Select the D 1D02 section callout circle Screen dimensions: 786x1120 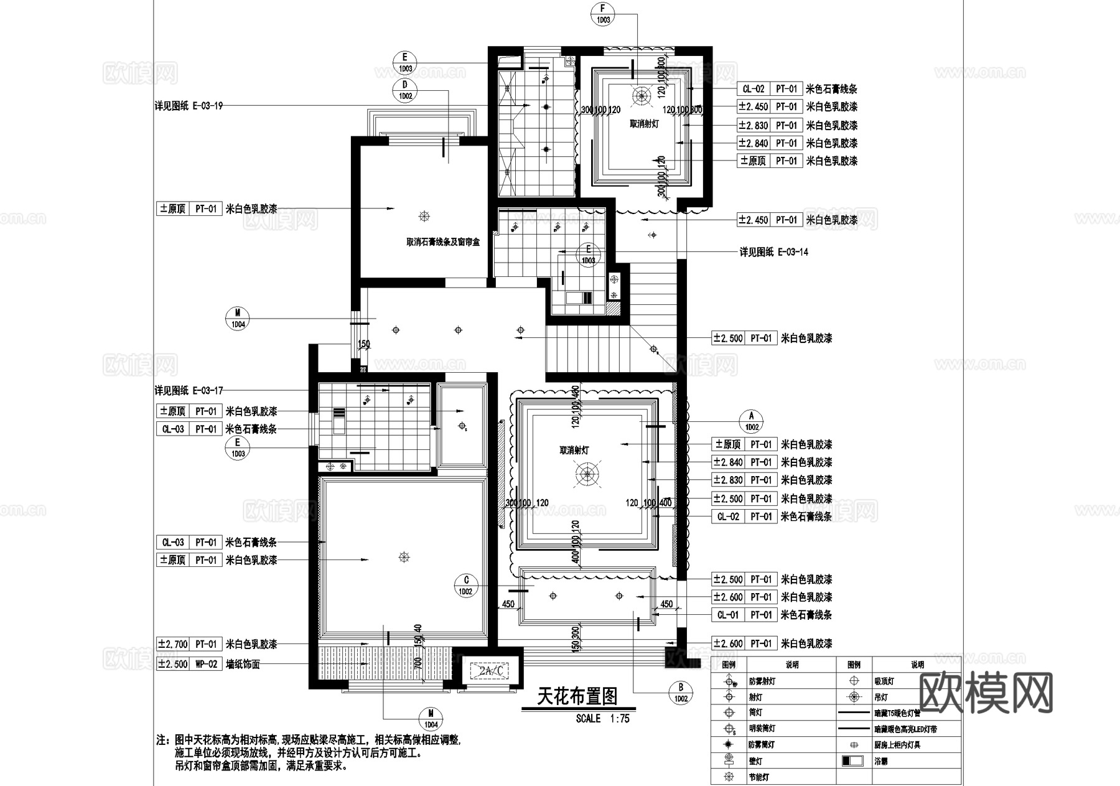(405, 90)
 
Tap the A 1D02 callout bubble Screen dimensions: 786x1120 (751, 421)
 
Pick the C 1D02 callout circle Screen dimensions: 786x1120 (466, 586)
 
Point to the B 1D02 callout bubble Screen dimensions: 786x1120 (681, 693)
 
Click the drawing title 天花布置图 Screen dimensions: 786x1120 (577, 696)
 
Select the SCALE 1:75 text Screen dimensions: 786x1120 (602, 718)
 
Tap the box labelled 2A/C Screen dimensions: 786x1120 (491, 671)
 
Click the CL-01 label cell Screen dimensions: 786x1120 (728, 615)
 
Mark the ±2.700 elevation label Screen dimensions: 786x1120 (172, 644)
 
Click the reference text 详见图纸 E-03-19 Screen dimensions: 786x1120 (189, 106)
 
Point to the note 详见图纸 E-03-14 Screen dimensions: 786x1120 (773, 252)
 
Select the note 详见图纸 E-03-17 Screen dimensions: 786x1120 (189, 391)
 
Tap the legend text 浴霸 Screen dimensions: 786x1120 (881, 760)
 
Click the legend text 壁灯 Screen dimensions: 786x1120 (755, 760)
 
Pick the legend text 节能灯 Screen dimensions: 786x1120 (758, 777)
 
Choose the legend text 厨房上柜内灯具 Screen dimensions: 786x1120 (897, 744)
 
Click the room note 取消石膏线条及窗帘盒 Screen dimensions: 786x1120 (443, 242)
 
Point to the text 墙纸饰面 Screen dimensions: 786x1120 (243, 664)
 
